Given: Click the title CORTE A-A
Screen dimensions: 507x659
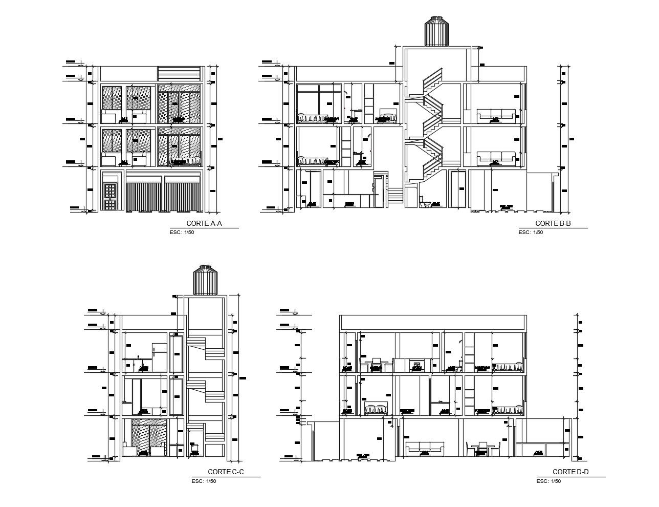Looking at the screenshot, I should point(204,223).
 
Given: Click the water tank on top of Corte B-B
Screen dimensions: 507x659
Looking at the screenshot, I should point(435,32).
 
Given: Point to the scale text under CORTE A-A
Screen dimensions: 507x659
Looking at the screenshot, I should point(182,233).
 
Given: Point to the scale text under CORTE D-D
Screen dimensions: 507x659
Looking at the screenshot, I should point(548,481).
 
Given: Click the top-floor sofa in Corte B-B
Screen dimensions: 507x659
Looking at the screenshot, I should point(496,116).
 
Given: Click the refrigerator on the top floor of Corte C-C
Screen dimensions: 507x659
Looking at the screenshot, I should point(160,356).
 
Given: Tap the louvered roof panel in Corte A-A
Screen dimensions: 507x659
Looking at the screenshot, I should point(179,73).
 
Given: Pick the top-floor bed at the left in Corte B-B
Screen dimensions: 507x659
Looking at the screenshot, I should point(312,118).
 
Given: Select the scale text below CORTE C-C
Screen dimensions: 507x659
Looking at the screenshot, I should point(204,481).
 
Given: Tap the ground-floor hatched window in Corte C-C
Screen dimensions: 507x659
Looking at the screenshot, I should point(149,437).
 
